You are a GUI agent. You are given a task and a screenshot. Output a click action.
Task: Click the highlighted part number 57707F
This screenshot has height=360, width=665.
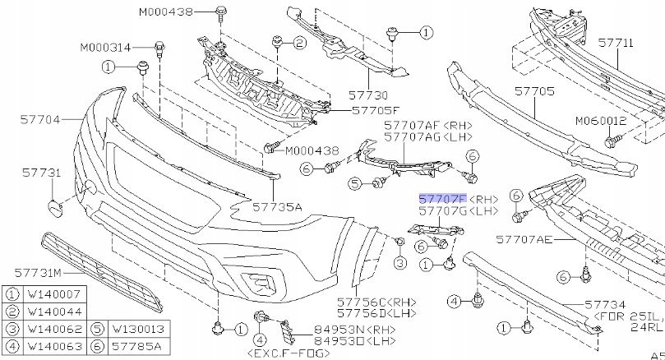(442, 200)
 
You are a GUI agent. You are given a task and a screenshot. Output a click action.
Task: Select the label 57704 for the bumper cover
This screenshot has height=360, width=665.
(40, 119)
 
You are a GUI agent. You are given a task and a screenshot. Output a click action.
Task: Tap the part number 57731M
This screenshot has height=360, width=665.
(36, 270)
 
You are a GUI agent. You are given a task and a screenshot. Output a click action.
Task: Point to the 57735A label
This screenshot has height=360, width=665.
(277, 207)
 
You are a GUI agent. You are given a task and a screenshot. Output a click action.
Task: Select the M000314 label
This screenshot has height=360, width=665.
(105, 47)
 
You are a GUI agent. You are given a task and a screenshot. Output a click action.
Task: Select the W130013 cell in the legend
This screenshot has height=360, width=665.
(136, 330)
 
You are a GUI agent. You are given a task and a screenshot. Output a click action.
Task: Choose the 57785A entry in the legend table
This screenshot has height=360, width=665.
(134, 347)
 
